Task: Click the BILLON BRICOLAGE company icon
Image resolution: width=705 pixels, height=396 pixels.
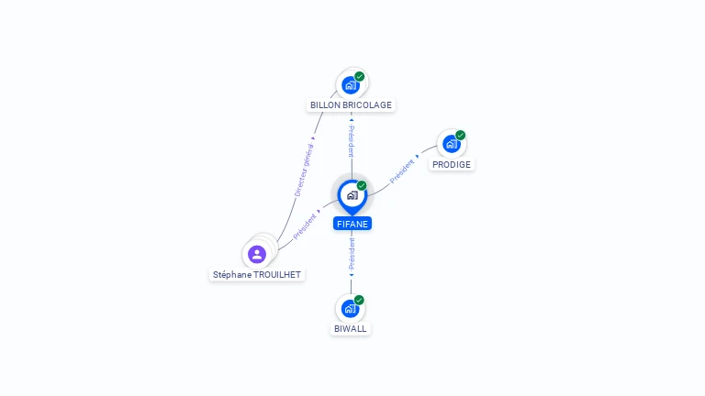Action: (x=350, y=85)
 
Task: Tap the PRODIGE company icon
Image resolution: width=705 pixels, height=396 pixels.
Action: (x=451, y=145)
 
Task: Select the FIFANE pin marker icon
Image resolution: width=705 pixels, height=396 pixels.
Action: (x=352, y=195)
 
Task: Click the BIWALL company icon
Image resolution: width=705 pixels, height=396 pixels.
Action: (x=350, y=309)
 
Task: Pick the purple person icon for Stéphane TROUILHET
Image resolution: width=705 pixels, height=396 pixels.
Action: (x=257, y=254)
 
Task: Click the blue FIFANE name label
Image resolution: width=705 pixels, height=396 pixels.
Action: (x=352, y=224)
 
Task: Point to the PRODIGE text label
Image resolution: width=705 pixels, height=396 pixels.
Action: (x=452, y=165)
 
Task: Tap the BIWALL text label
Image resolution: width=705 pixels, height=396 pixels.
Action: (x=351, y=328)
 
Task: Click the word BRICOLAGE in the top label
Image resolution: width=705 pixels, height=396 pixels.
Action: (x=368, y=105)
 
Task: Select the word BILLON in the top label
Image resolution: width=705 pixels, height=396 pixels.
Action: (x=326, y=105)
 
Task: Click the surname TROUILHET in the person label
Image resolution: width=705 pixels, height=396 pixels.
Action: (x=274, y=275)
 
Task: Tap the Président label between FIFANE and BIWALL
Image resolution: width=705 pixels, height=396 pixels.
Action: (x=352, y=254)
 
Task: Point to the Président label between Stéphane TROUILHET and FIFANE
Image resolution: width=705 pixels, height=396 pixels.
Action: (x=306, y=226)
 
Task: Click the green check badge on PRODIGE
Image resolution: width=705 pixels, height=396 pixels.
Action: (x=460, y=136)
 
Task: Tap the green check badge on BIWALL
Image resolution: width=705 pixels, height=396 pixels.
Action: (x=359, y=300)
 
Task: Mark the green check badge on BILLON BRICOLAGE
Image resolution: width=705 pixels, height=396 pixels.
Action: (x=360, y=77)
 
